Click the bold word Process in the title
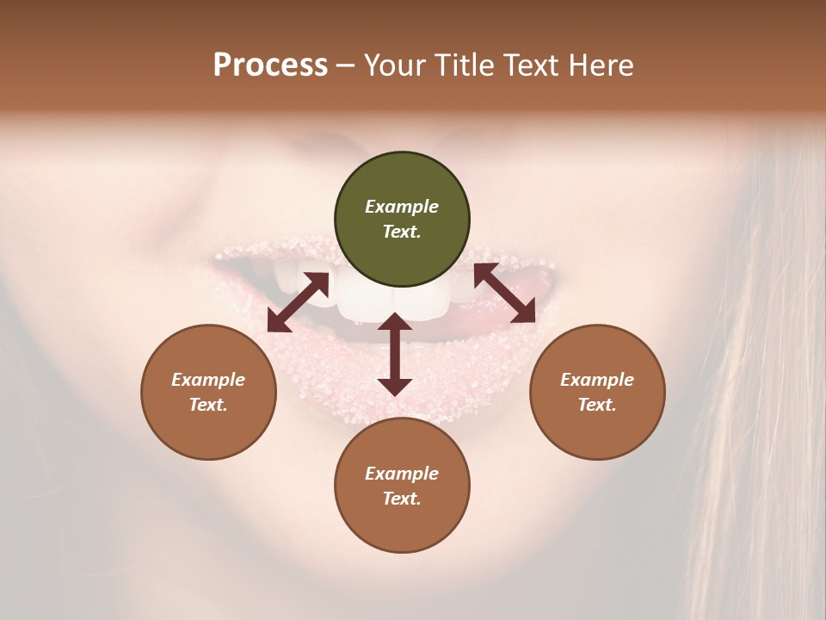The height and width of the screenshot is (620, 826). (x=270, y=65)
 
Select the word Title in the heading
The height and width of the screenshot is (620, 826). (x=465, y=65)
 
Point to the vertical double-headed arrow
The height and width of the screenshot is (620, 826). (x=394, y=354)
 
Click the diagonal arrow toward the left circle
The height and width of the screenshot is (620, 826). (x=298, y=302)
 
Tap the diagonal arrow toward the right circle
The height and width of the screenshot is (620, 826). (x=504, y=293)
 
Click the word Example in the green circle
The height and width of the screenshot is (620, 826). (x=402, y=207)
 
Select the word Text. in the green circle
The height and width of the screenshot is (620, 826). (x=402, y=232)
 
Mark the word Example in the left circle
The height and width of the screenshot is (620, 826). (x=208, y=380)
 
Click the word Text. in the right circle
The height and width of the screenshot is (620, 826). (x=597, y=405)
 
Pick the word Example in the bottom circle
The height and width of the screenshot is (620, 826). (x=402, y=474)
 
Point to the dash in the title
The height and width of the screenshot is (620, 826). (x=346, y=65)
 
